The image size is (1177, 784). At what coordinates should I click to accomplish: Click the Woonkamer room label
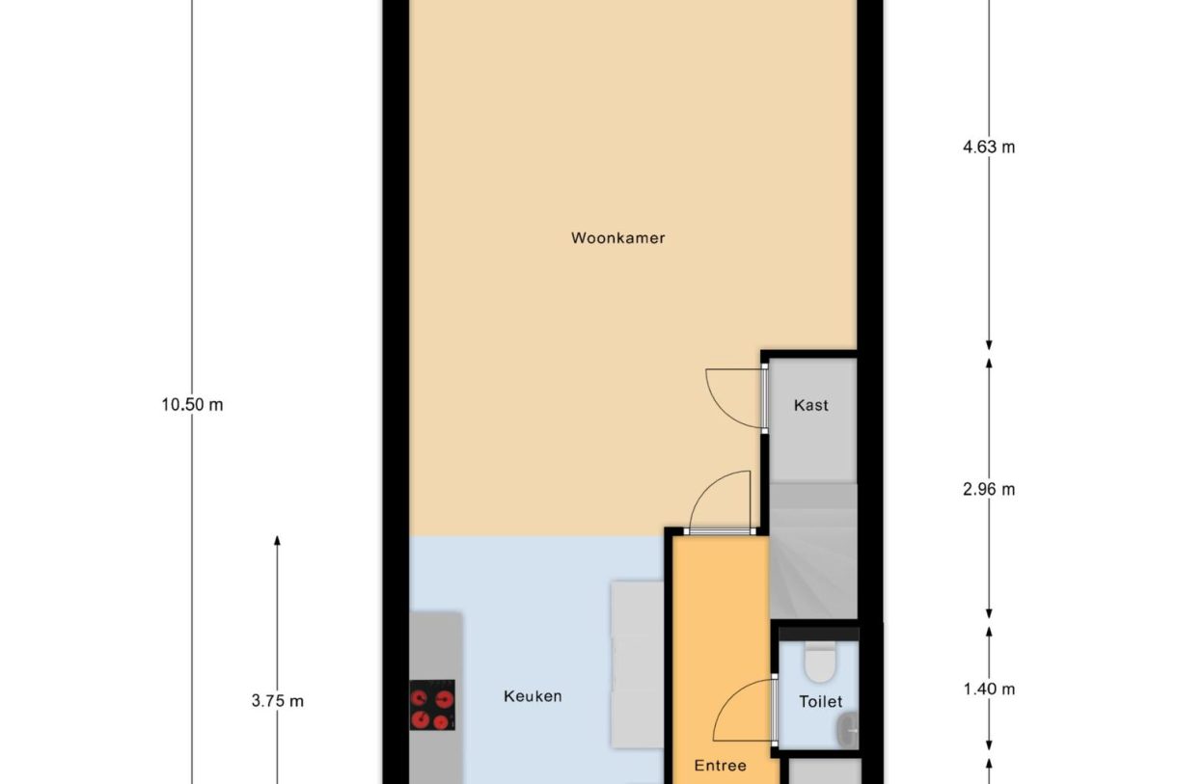(x=617, y=237)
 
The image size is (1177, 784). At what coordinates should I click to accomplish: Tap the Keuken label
(x=533, y=696)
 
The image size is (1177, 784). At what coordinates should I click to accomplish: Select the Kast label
(x=810, y=405)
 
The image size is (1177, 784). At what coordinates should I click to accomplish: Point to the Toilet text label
(x=820, y=702)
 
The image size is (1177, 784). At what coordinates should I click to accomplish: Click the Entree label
(x=721, y=766)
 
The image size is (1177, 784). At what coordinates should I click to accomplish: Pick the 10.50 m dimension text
(x=192, y=405)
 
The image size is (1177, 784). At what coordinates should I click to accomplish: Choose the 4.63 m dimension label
(x=989, y=148)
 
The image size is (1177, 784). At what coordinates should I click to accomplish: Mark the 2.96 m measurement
(x=989, y=489)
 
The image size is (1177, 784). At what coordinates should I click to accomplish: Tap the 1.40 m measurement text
(x=989, y=689)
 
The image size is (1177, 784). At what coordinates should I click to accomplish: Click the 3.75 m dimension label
(x=277, y=701)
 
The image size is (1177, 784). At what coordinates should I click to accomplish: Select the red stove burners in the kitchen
(x=431, y=706)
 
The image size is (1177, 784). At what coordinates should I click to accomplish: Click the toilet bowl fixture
(x=819, y=662)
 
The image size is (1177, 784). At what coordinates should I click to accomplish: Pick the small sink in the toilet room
(x=847, y=727)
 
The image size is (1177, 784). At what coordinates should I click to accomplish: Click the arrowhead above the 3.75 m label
(x=277, y=542)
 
